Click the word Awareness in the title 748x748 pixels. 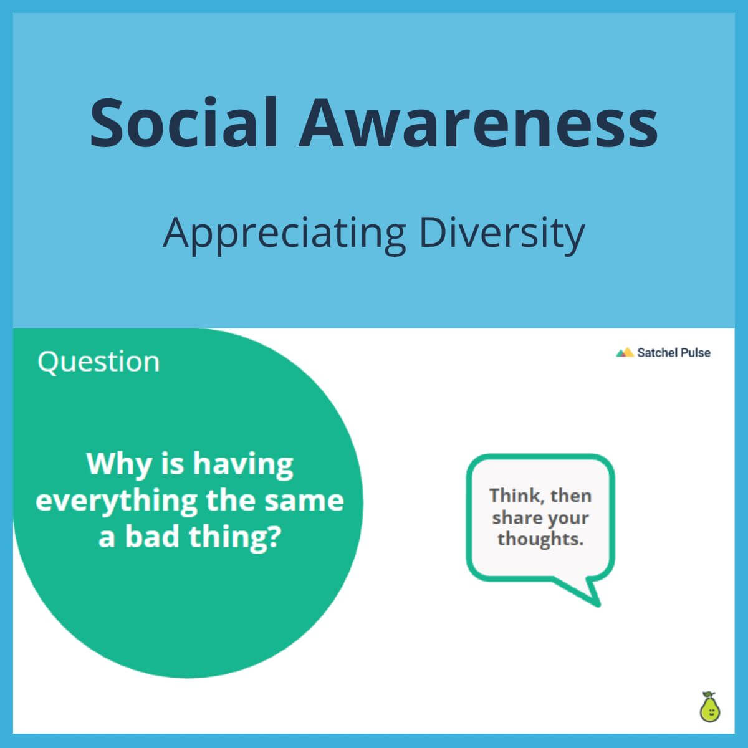(x=478, y=122)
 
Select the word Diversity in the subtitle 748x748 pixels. (x=502, y=233)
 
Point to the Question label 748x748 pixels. (x=98, y=362)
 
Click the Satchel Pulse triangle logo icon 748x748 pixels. (x=625, y=353)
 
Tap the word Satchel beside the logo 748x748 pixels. (x=656, y=353)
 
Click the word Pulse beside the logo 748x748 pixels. (x=695, y=353)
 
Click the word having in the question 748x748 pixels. (x=243, y=465)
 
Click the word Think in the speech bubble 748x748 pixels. (x=513, y=496)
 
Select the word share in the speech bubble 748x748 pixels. (x=515, y=517)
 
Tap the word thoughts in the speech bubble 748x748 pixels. (x=540, y=539)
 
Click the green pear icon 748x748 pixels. (x=709, y=707)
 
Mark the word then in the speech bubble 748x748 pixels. (x=570, y=496)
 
